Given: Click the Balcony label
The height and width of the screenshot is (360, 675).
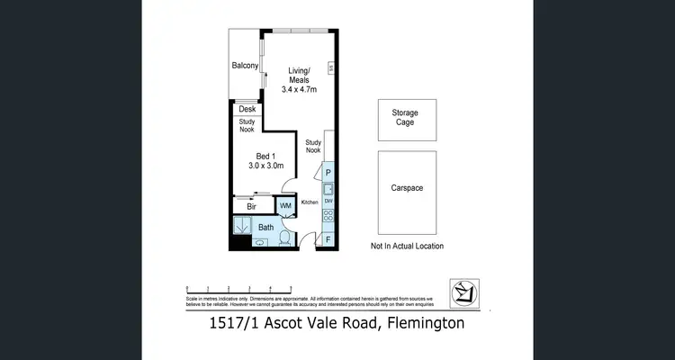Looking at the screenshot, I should click(x=245, y=66).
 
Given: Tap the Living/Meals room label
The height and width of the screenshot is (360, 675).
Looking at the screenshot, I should click(x=298, y=75).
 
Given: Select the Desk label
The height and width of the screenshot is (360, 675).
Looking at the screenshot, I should click(x=247, y=110).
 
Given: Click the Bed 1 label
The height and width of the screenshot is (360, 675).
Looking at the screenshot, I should click(x=265, y=153).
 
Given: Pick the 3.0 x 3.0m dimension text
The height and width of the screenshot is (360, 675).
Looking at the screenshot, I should click(x=266, y=166).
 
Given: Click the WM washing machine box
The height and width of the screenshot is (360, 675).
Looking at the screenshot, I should click(x=285, y=206).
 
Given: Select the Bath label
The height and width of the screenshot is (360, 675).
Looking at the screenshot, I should click(x=266, y=228).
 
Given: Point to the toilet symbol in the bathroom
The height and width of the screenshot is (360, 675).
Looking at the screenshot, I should click(x=284, y=238).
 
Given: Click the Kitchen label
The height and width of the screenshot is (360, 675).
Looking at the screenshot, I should click(x=309, y=203).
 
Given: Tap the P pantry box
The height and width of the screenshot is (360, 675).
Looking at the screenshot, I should click(x=328, y=172).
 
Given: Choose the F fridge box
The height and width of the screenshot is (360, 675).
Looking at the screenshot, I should click(x=328, y=239).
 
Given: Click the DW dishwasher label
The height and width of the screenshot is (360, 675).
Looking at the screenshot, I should click(x=328, y=201).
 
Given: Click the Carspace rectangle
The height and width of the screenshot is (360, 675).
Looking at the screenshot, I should click(x=407, y=189).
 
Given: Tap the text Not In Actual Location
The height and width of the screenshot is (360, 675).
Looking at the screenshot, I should click(x=407, y=246).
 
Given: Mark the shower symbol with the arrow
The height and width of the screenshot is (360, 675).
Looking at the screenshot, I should click(x=241, y=227).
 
